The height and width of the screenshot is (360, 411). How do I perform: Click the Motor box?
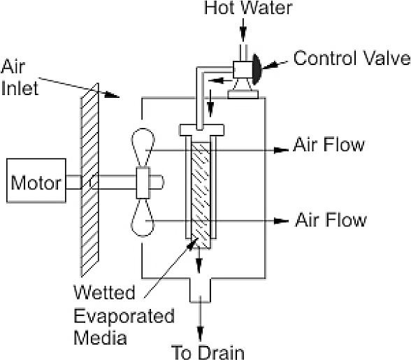(x=36, y=180)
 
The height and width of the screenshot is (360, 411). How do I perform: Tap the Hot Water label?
(x=248, y=8)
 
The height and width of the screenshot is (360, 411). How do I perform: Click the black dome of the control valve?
(x=257, y=69)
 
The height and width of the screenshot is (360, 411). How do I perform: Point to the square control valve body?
(x=243, y=69)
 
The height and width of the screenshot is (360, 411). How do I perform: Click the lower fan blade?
(x=143, y=217)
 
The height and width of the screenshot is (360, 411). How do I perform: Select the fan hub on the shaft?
(x=143, y=182)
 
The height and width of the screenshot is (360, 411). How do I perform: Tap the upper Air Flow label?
(x=329, y=145)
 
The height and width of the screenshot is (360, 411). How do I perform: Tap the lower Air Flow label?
(x=331, y=219)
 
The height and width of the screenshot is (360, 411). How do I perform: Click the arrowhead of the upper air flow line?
(x=281, y=150)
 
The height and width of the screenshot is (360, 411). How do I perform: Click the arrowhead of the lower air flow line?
(x=281, y=221)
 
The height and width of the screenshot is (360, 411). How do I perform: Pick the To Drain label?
(x=208, y=352)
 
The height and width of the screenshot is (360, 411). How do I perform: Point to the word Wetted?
(x=104, y=292)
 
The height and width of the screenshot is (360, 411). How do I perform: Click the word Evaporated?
(x=124, y=316)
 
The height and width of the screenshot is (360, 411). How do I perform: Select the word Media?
(x=100, y=337)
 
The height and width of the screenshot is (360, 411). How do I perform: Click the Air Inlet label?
(x=20, y=78)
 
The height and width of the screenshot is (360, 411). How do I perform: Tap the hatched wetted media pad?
(x=201, y=194)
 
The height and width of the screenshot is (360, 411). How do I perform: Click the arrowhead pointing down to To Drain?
(x=200, y=334)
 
